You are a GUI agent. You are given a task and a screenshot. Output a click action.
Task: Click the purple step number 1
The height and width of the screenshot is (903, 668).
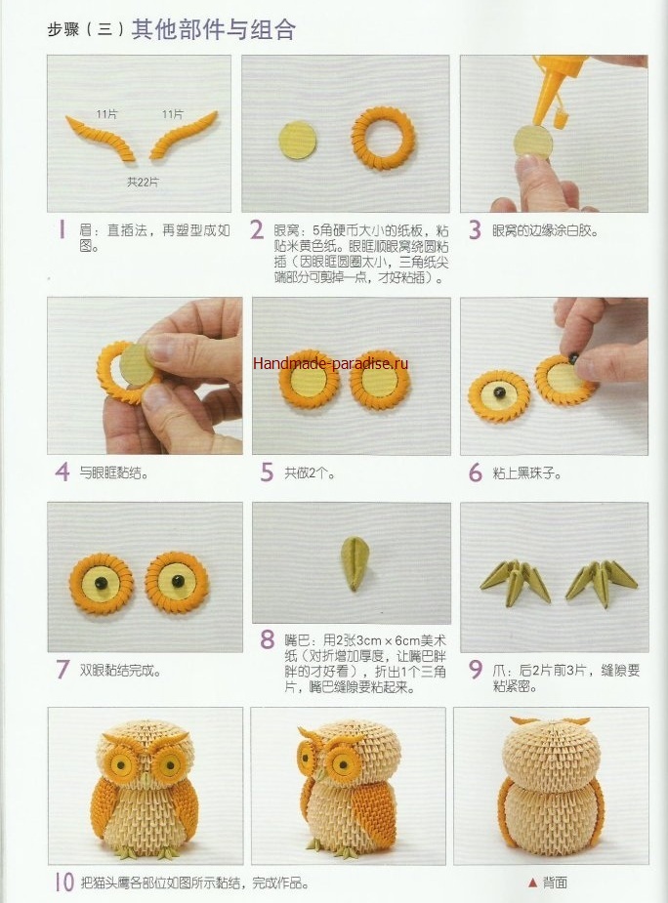pos(63,230)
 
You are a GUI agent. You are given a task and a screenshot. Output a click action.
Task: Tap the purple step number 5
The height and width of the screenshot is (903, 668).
pos(267,472)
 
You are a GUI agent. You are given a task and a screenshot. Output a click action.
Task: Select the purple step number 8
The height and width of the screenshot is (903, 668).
pos(267,639)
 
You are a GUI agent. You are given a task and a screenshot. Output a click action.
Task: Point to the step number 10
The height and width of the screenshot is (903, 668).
pos(65,882)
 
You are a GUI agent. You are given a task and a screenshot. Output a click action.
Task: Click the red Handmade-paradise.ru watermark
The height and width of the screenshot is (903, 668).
pos(331,363)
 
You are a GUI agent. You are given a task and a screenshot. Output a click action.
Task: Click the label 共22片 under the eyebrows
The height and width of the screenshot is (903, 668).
pos(143,182)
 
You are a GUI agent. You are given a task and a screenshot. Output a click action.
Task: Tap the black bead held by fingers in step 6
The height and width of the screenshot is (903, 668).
pos(574,358)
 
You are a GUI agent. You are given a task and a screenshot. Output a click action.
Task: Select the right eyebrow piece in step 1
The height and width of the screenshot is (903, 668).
pos(184,134)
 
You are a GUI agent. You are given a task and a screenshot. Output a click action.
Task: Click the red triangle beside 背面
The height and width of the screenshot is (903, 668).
pos(532,882)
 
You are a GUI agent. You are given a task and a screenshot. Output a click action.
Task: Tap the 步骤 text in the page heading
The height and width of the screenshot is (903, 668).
pos(63,28)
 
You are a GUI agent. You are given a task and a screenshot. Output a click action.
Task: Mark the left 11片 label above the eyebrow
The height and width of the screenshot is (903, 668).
pos(106,114)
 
